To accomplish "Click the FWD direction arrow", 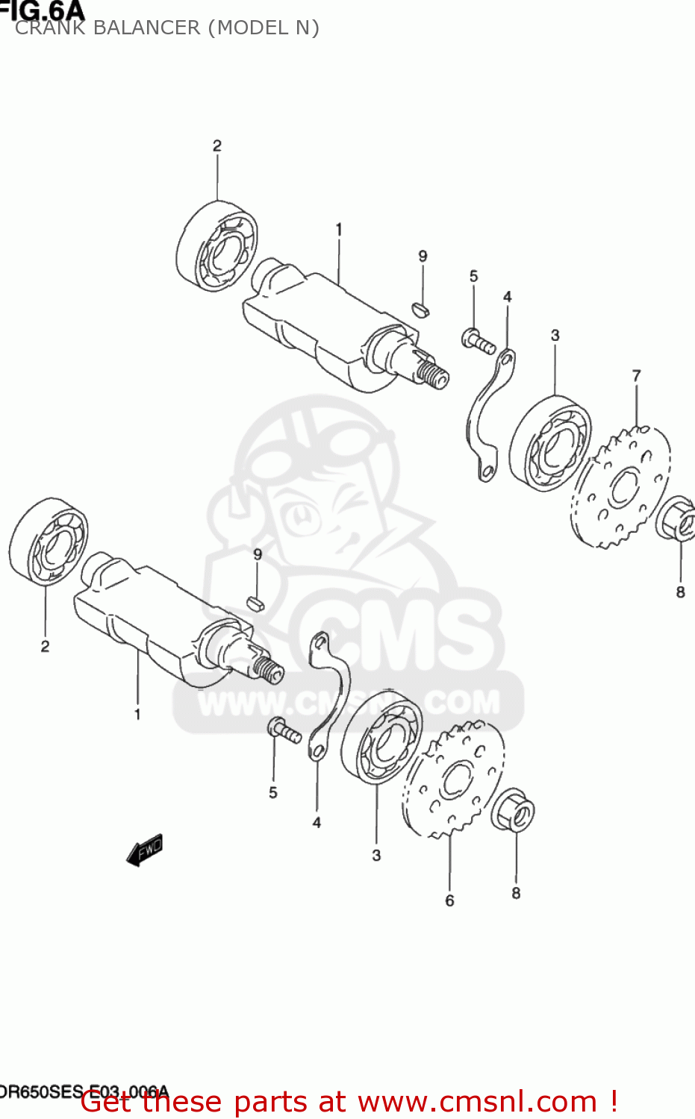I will tap(145, 850).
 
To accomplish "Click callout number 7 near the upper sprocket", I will tap(636, 376).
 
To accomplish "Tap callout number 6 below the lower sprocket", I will tap(449, 900).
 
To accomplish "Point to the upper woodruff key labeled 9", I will tap(421, 308).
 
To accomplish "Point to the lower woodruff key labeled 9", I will tap(255, 603).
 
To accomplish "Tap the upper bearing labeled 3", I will tap(550, 443).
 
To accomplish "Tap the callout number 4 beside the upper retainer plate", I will tap(507, 297).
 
